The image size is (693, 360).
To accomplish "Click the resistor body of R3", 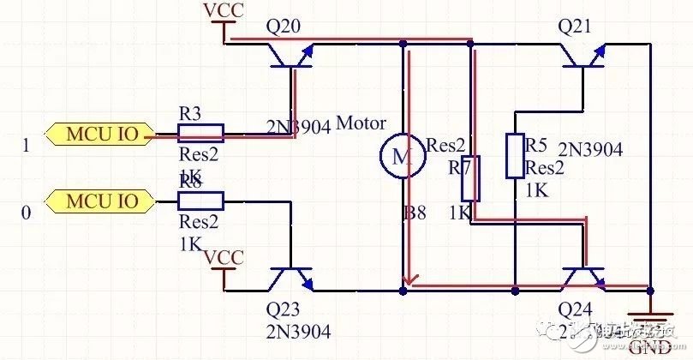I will click(200, 132).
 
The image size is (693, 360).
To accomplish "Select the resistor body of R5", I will click(515, 156).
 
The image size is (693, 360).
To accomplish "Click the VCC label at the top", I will click(223, 11).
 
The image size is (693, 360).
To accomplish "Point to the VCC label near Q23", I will click(225, 257).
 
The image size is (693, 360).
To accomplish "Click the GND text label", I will click(649, 347).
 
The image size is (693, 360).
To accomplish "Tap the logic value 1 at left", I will click(26, 146).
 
